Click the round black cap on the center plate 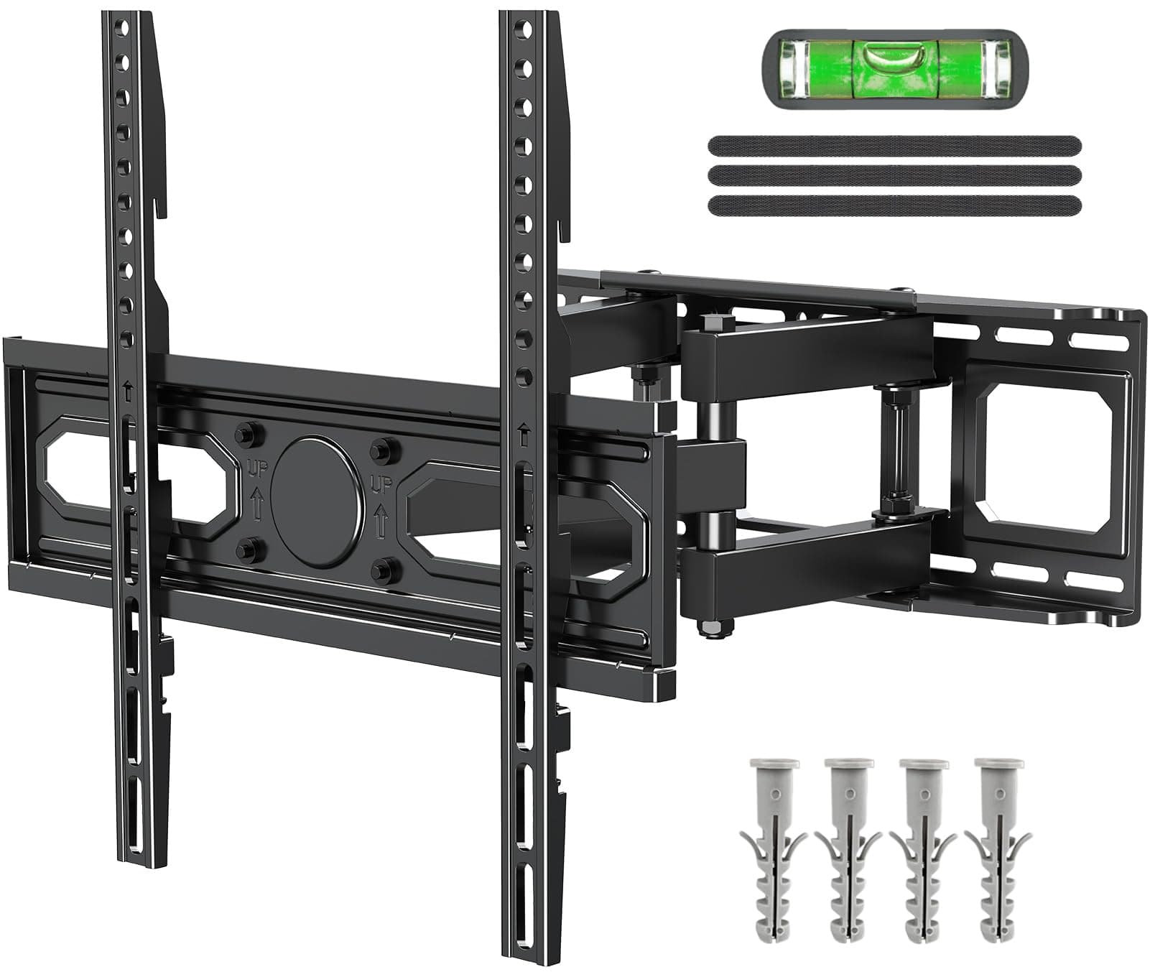click(x=315, y=501)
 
